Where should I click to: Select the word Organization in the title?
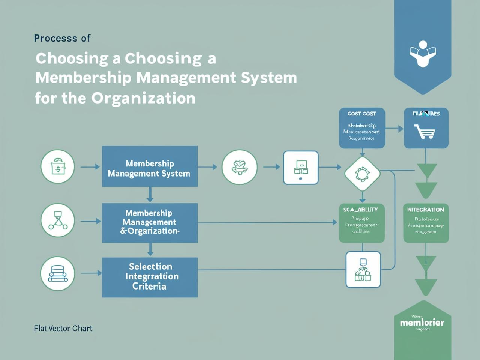143,98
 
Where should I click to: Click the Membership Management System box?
150,166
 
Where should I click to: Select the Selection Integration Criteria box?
150,277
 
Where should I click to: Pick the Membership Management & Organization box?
150,223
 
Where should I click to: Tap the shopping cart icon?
425,132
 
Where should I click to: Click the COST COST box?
362,128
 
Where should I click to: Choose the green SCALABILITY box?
362,223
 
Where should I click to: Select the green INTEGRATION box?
426,223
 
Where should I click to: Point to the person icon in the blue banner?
423,54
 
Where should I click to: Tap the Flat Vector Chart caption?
63,328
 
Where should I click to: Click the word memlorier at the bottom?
422,322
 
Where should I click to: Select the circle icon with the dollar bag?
58,167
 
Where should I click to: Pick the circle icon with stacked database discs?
58,274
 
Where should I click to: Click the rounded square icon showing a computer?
301,168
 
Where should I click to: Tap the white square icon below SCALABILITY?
363,270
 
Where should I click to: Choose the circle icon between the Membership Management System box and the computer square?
240,167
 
